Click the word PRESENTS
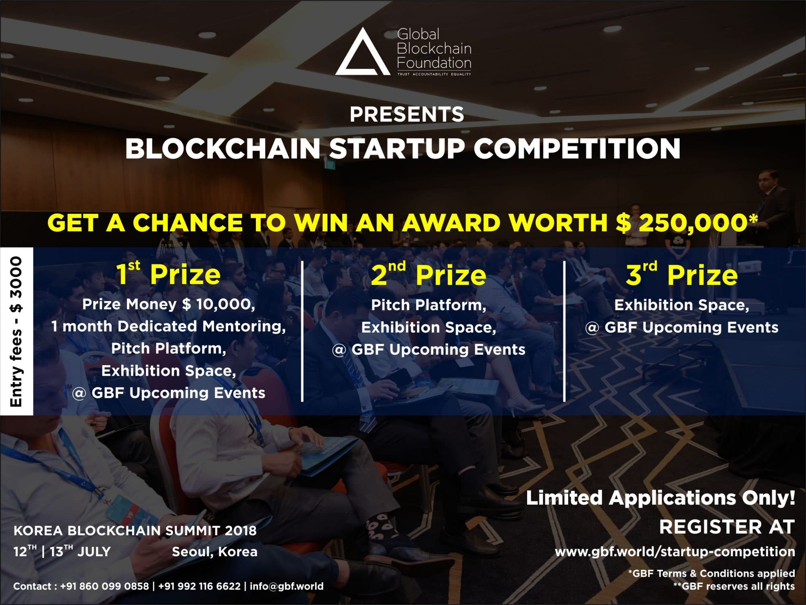pos(407,114)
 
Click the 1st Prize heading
pos(168,274)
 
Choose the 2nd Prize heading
pos(428,274)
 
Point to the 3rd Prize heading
pos(681,274)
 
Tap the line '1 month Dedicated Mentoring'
pos(168,326)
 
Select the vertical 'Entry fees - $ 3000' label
pos(17,331)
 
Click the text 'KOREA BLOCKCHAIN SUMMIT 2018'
pos(135,530)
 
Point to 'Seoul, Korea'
pos(214,552)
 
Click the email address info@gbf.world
pos(287,586)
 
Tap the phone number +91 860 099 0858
pos(104,586)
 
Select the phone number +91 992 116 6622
pos(199,586)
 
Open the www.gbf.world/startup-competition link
pos(675,552)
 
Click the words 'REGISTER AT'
pos(727,527)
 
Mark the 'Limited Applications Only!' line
pos(661,498)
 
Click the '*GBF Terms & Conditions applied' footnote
pos(711,574)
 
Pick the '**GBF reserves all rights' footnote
pos(734,586)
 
